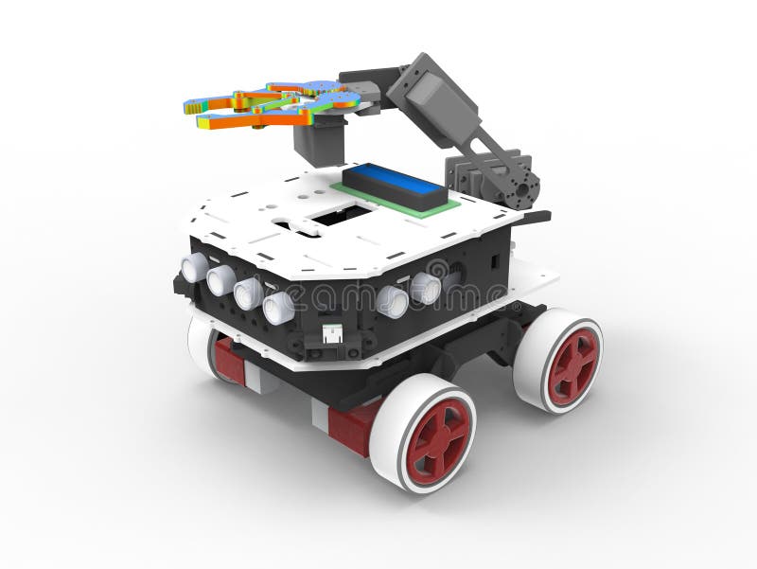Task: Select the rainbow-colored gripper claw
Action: (270, 104)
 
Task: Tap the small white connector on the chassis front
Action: (333, 332)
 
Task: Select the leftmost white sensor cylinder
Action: (194, 268)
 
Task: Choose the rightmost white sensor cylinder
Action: (425, 288)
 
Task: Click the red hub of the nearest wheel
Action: (438, 438)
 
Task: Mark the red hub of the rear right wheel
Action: (573, 365)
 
